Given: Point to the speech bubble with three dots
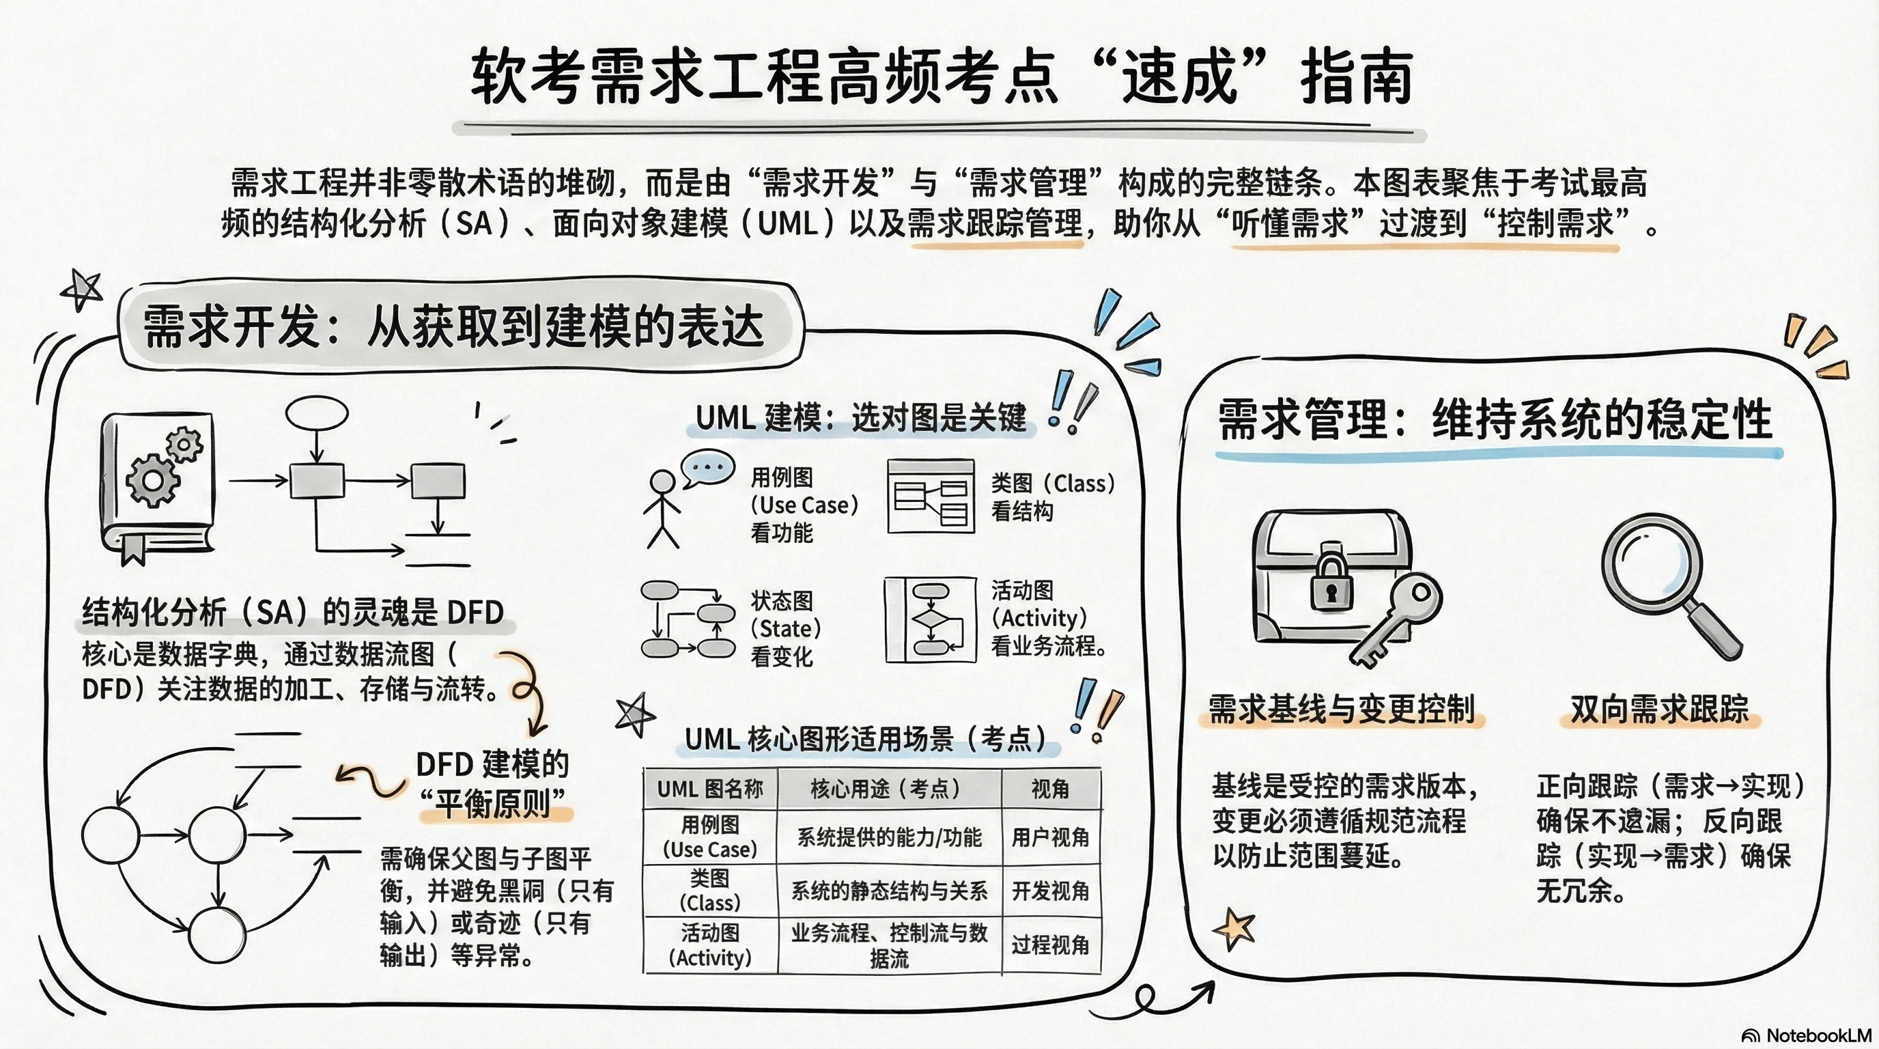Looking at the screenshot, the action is [x=707, y=468].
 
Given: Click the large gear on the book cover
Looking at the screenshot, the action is [x=152, y=480].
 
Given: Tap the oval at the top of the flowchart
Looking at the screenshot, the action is [x=317, y=414].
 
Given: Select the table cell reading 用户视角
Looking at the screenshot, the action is [x=1049, y=837].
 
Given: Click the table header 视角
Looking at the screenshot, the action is [x=1049, y=789].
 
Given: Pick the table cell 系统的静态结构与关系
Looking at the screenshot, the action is [x=889, y=891].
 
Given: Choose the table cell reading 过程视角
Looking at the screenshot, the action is [x=1049, y=945].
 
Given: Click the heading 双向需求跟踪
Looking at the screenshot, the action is [x=1659, y=709].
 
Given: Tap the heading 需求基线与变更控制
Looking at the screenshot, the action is [x=1342, y=709].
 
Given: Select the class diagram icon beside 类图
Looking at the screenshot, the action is [x=931, y=496].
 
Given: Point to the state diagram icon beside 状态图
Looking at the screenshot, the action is [x=688, y=619].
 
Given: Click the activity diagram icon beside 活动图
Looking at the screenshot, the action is [x=930, y=619].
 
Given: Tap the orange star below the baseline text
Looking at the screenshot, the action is [x=1234, y=929].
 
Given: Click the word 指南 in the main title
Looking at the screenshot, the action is [x=1357, y=76].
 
